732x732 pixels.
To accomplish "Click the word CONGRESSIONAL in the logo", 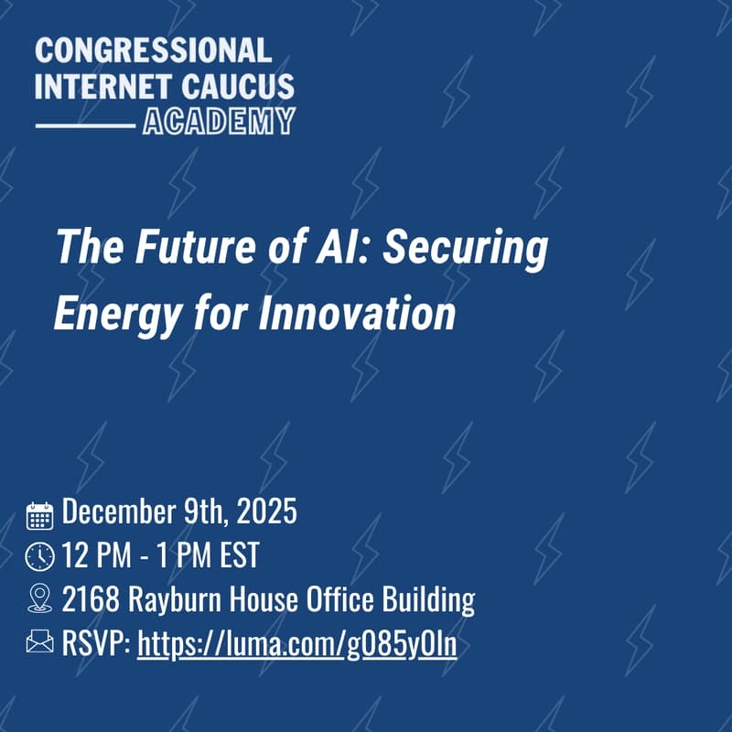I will click(153, 51).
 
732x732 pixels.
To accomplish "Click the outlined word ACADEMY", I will click(219, 120).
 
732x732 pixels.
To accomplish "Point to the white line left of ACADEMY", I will click(84, 122).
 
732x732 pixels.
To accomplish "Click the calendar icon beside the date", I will click(39, 515).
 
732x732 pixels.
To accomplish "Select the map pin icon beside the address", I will click(39, 599).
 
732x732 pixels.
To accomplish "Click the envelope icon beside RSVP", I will click(39, 643).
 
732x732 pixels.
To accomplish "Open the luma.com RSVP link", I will click(296, 644).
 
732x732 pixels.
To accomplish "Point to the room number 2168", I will click(91, 600).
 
